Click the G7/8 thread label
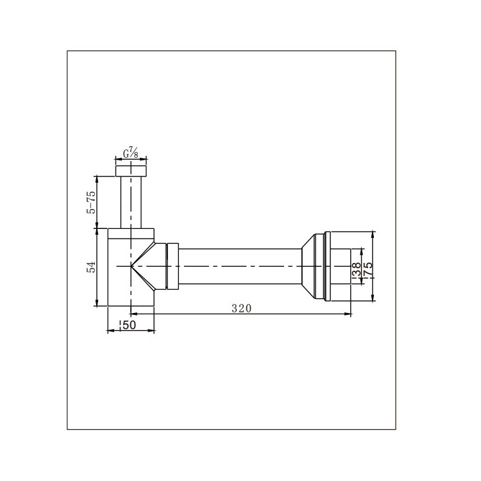click(x=131, y=153)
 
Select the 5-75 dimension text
click(x=92, y=202)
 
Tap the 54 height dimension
click(x=92, y=267)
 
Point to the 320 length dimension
click(x=241, y=308)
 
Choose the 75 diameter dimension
click(x=368, y=269)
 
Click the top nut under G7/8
click(x=131, y=171)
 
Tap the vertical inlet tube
click(x=131, y=203)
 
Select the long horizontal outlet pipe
click(x=240, y=266)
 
